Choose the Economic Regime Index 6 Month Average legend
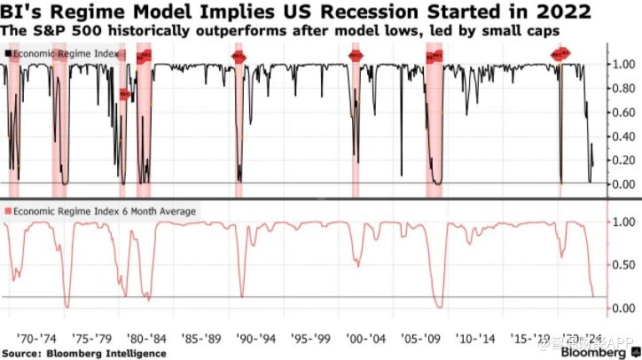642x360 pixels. point(102,211)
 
